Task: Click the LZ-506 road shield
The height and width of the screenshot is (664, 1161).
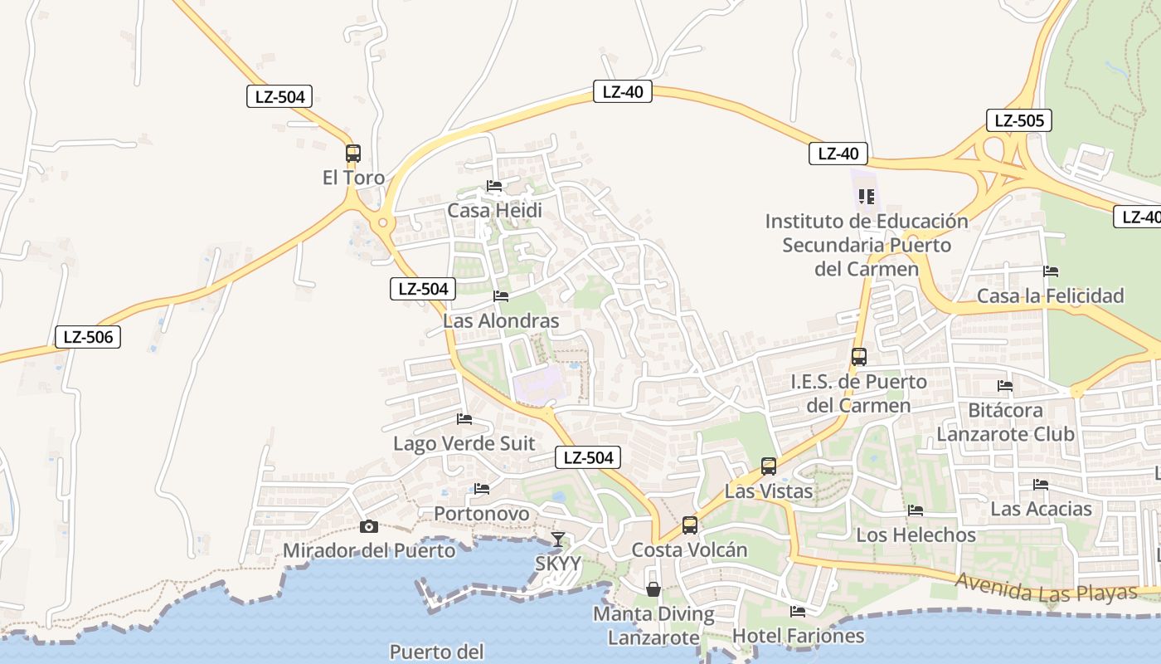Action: pyautogui.click(x=88, y=337)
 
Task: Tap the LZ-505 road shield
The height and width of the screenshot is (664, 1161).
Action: pyautogui.click(x=1019, y=120)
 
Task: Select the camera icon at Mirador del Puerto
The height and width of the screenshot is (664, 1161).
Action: pyautogui.click(x=369, y=526)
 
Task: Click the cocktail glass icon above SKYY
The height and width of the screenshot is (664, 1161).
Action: pyautogui.click(x=558, y=539)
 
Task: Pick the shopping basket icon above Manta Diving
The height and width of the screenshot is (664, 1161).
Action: pyautogui.click(x=653, y=589)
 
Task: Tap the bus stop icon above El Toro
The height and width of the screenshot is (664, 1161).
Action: pyautogui.click(x=353, y=153)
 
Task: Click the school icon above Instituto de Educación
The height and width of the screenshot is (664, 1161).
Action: pyautogui.click(x=867, y=197)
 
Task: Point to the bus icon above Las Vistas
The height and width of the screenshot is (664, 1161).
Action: pyautogui.click(x=769, y=466)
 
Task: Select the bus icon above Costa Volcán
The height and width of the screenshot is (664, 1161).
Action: pyautogui.click(x=690, y=525)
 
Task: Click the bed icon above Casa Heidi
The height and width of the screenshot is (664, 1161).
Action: pyautogui.click(x=494, y=186)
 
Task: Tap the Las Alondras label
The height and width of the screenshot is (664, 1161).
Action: pyautogui.click(x=501, y=320)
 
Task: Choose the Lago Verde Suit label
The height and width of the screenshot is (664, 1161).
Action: pyautogui.click(x=464, y=443)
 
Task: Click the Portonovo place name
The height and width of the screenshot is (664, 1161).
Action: pyautogui.click(x=482, y=514)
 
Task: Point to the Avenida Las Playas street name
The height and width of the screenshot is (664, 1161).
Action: pyautogui.click(x=1045, y=588)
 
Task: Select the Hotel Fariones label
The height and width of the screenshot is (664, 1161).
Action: pyautogui.click(x=798, y=636)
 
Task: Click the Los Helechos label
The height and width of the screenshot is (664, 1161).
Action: pyautogui.click(x=916, y=535)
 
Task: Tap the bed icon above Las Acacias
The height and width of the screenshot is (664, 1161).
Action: pyautogui.click(x=1041, y=484)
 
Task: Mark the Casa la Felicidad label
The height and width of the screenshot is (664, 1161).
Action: pyautogui.click(x=1050, y=295)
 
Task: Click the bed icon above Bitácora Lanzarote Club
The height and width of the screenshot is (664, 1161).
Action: pyautogui.click(x=1005, y=385)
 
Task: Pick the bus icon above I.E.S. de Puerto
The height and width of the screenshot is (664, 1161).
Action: pyautogui.click(x=859, y=357)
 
